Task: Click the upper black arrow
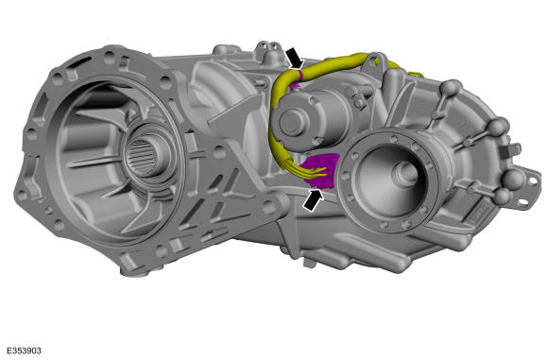295,59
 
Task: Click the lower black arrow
313,200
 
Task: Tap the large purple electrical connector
320,171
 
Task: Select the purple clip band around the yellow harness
300,74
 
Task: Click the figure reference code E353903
25,351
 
